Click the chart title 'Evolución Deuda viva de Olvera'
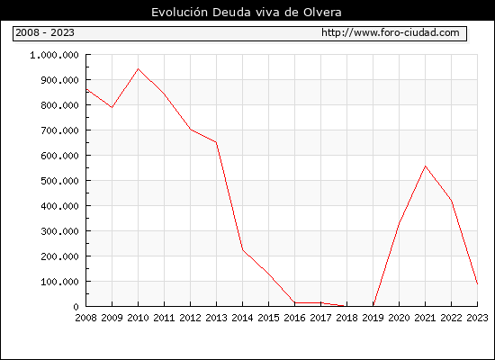click(247, 13)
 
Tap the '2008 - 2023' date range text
click(45, 32)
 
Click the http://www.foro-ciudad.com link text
click(391, 32)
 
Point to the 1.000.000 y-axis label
click(54, 55)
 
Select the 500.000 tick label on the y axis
click(59, 181)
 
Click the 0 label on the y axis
click(76, 307)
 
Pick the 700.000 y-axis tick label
click(59, 130)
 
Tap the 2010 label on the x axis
click(138, 318)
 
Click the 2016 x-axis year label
click(294, 318)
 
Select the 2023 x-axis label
click(477, 318)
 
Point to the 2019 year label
click(373, 318)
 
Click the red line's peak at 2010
click(138, 68)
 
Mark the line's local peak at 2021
click(425, 166)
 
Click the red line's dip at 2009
click(112, 107)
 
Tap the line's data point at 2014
click(242, 249)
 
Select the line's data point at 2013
click(216, 142)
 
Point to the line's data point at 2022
click(452, 200)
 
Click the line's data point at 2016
click(294, 302)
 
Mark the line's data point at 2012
click(191, 130)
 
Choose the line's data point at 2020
click(399, 223)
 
